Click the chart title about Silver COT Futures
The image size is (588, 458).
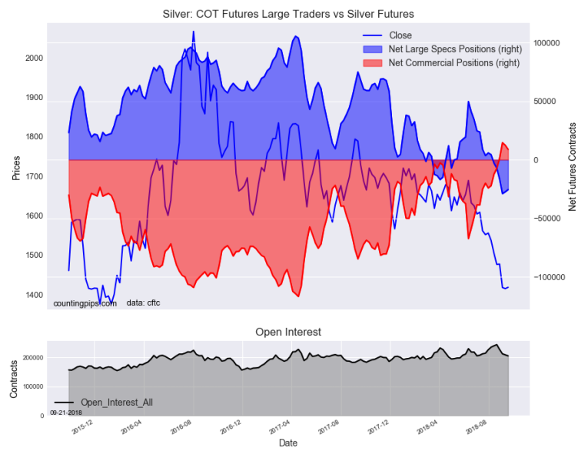point(288,14)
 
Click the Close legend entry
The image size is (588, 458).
point(400,35)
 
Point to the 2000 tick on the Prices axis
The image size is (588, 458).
point(34,59)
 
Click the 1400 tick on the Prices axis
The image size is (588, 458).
point(34,296)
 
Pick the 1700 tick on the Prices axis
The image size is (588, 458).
point(34,177)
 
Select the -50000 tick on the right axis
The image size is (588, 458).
point(550,219)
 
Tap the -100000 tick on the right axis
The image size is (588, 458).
point(551,277)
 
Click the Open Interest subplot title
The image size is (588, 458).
point(288,332)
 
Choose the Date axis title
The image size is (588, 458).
point(288,443)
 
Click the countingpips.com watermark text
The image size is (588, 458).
point(85,304)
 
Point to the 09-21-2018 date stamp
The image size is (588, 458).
point(65,413)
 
